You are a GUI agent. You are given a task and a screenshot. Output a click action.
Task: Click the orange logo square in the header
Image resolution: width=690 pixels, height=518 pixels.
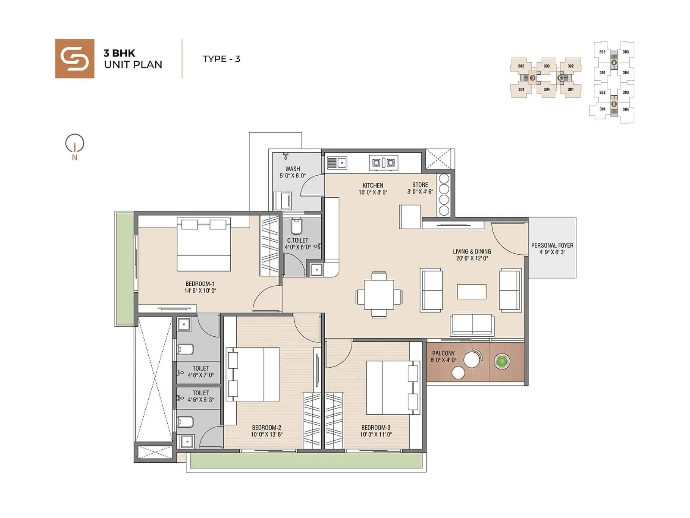pyautogui.click(x=75, y=59)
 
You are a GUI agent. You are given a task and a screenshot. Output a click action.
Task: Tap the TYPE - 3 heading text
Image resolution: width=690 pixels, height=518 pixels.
pyautogui.click(x=221, y=59)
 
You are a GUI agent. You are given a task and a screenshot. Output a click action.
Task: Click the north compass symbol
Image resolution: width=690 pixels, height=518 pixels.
pyautogui.click(x=75, y=144)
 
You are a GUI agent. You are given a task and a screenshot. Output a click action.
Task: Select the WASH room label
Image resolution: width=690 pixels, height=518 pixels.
pyautogui.click(x=292, y=169)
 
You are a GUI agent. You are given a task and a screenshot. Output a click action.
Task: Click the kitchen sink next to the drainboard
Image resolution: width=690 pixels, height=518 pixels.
pyautogui.click(x=342, y=163)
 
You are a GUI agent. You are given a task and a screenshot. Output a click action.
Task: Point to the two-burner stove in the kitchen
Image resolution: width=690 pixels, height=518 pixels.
pyautogui.click(x=383, y=163)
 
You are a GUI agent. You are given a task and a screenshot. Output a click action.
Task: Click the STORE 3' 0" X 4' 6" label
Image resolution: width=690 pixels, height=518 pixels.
pyautogui.click(x=420, y=188)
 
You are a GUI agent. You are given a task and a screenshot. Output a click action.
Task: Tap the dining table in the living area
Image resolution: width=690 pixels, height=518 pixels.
pyautogui.click(x=379, y=295)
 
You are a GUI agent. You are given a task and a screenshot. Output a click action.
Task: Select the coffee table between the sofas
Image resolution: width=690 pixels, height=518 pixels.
pyautogui.click(x=472, y=291)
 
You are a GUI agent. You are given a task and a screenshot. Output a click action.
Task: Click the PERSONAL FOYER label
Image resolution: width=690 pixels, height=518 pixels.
pyautogui.click(x=552, y=249)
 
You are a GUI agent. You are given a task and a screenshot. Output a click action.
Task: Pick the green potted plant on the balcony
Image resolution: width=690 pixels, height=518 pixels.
pyautogui.click(x=502, y=362)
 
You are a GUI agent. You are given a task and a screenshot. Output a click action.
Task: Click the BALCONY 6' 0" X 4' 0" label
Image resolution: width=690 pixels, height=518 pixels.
pyautogui.click(x=443, y=356)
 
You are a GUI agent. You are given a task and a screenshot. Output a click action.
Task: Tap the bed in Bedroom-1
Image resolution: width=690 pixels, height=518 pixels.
pyautogui.click(x=204, y=245)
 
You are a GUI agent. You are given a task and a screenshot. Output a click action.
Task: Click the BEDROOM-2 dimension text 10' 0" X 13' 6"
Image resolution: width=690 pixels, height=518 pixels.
pyautogui.click(x=267, y=434)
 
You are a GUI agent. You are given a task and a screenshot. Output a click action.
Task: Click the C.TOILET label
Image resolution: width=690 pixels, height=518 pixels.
pyautogui.click(x=298, y=240)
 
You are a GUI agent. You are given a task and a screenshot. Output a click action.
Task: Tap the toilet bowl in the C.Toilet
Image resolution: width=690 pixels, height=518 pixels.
pyautogui.click(x=297, y=226)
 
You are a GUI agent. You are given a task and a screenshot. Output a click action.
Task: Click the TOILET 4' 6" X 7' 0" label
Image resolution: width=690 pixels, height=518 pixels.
pyautogui.click(x=201, y=372)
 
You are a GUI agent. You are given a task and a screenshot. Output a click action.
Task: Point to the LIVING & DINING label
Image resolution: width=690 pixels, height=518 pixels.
pyautogui.click(x=472, y=255)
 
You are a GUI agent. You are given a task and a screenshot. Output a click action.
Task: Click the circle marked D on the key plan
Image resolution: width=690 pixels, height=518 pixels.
pyautogui.click(x=533, y=78)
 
